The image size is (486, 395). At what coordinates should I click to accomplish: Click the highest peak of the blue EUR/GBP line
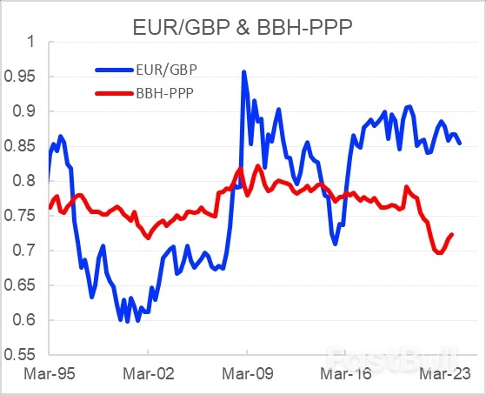click(243, 72)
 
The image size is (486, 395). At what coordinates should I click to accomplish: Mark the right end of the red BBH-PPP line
click(452, 234)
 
